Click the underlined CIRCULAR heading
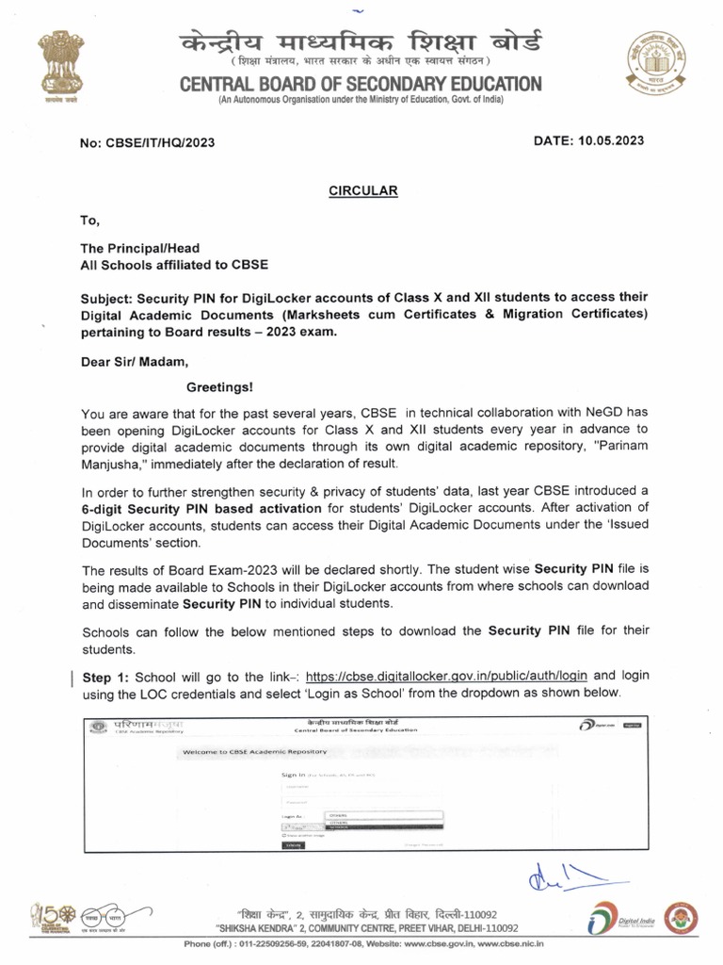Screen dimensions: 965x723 (362, 190)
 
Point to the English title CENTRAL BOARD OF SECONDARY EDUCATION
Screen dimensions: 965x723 (361, 84)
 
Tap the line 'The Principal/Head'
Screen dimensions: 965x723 (139, 249)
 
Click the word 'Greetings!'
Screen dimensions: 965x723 (218, 386)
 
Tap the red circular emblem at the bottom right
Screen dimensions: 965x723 (681, 917)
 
